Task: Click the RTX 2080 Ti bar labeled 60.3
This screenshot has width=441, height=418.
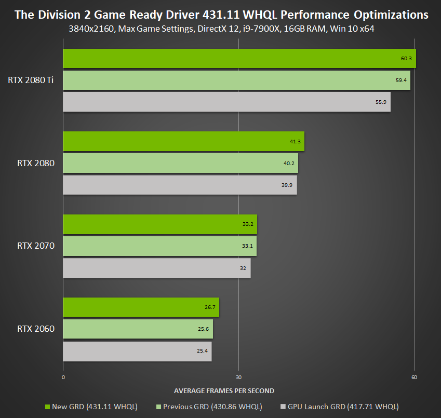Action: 239,58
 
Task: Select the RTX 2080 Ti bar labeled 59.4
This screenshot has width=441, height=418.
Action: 236,80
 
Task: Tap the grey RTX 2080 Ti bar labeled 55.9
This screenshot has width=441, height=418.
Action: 226,102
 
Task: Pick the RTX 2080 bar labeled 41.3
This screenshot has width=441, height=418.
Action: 183,141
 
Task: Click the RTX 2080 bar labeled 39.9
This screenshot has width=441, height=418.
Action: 180,185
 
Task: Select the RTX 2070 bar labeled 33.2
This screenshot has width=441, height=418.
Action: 160,224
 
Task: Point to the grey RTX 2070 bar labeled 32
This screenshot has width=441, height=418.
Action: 156,268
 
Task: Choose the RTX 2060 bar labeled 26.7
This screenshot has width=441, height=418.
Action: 141,307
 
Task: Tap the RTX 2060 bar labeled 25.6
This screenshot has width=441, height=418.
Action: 138,329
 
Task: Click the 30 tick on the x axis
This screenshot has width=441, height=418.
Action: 238,377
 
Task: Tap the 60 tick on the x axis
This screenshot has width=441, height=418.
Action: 414,377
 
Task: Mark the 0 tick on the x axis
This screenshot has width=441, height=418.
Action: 63,377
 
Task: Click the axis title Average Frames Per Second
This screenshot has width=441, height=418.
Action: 224,390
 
